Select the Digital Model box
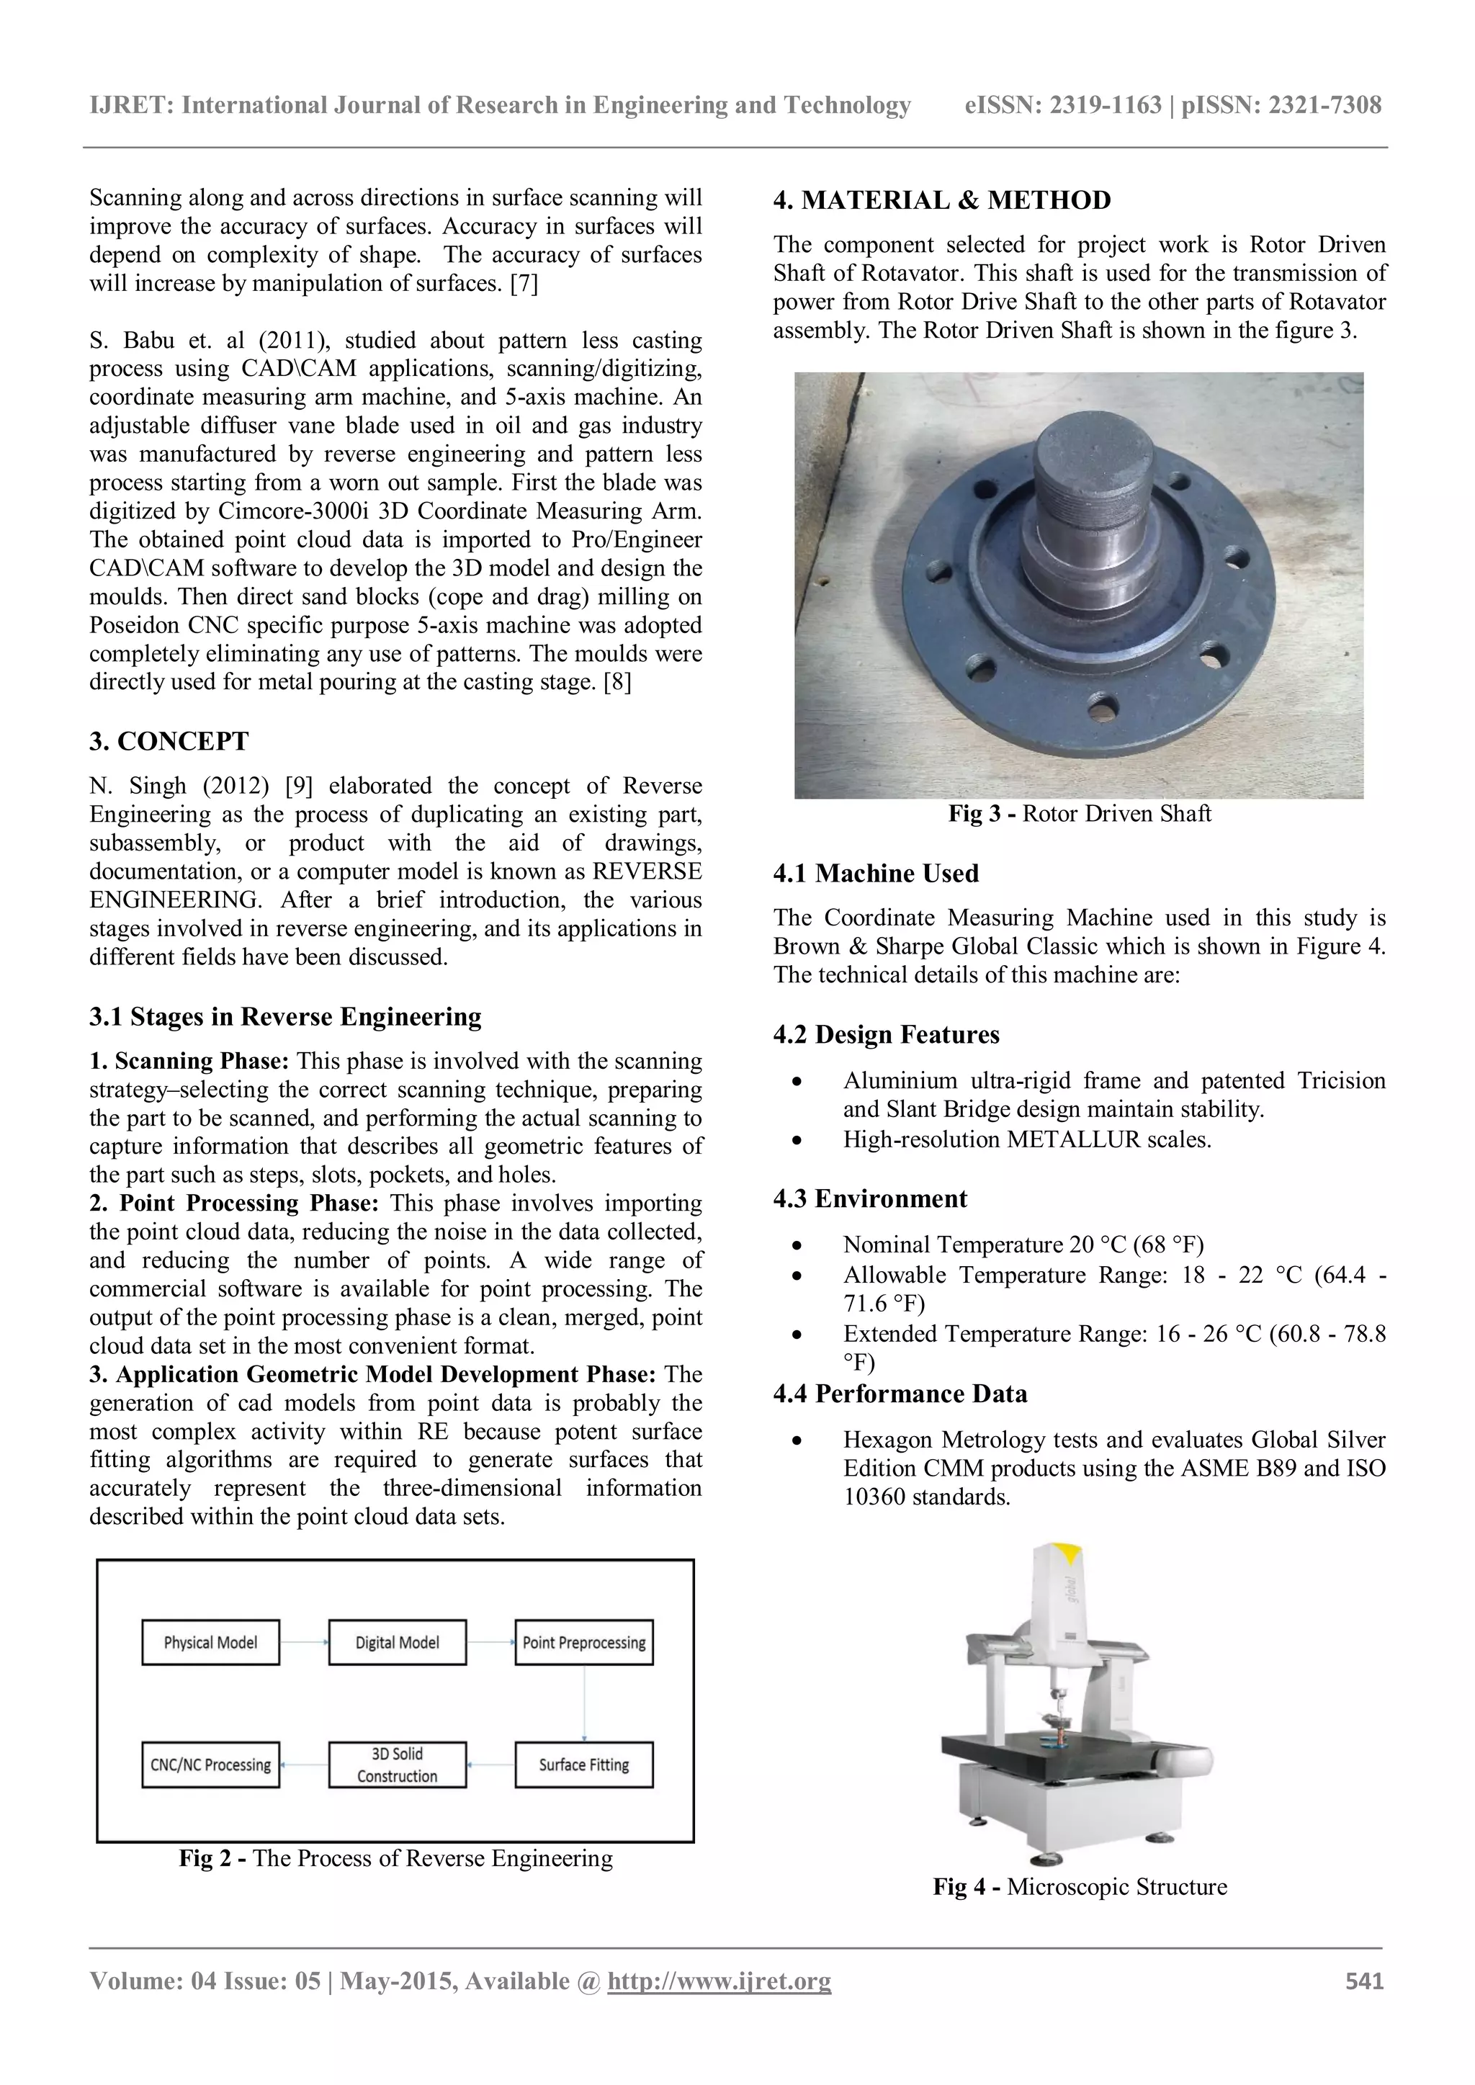(397, 1642)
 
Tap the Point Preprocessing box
(584, 1642)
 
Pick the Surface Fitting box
(584, 1765)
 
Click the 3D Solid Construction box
(397, 1765)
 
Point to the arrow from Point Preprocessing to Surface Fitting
(584, 1703)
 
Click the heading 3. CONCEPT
(169, 741)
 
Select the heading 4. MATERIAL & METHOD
(942, 201)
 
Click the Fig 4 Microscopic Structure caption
(1080, 1886)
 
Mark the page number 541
(1364, 1981)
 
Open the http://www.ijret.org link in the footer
(719, 1981)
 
